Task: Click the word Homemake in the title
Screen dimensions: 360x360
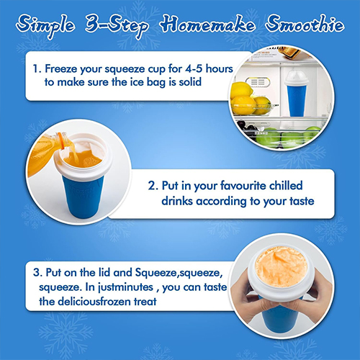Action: [x=208, y=24]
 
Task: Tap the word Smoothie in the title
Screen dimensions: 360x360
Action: [x=305, y=24]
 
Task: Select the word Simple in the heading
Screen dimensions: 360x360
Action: [x=45, y=26]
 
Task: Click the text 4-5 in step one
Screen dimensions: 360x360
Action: [x=194, y=68]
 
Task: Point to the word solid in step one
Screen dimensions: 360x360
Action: [x=190, y=82]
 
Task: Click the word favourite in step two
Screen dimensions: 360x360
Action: [x=243, y=186]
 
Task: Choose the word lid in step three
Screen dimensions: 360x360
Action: [x=104, y=272]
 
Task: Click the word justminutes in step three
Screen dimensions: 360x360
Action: [x=125, y=287]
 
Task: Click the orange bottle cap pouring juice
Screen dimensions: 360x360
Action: [x=63, y=140]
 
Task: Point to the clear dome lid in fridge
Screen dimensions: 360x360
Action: [x=296, y=76]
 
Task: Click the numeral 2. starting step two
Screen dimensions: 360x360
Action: [x=153, y=186]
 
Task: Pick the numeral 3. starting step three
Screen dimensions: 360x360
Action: [x=38, y=273]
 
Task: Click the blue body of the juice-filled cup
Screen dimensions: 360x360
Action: [x=83, y=197]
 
